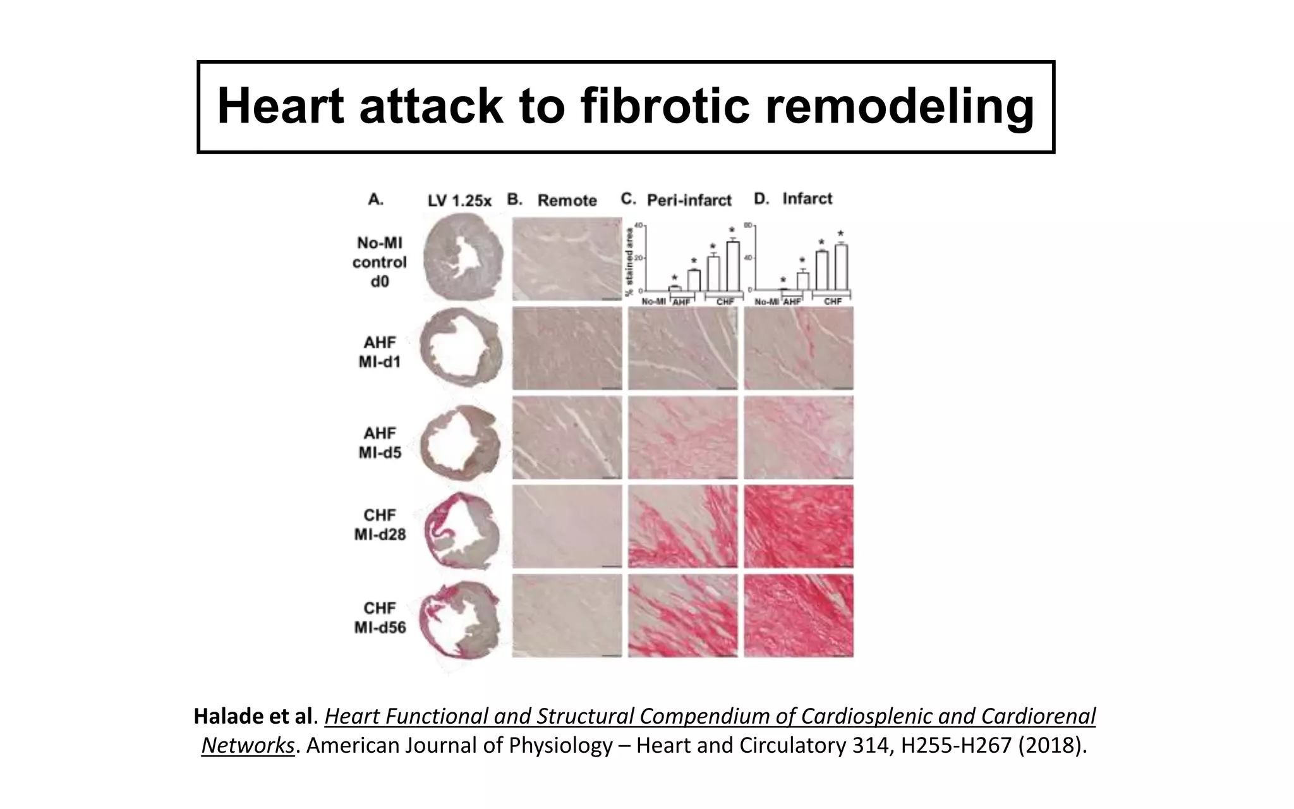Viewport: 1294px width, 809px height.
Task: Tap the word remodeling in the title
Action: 899,106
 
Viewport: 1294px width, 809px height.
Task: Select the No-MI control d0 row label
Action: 379,262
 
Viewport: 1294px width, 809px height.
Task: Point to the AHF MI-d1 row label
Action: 379,351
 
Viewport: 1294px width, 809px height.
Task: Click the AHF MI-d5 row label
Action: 379,442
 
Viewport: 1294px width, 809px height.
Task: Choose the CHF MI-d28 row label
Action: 379,525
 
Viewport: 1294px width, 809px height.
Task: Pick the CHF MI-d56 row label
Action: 379,617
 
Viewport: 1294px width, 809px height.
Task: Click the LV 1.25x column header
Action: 459,201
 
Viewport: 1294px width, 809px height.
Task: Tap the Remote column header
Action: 567,200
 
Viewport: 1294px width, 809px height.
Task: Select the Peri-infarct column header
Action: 689,200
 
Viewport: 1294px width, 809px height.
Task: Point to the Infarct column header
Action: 807,198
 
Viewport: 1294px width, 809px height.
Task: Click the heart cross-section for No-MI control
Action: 463,256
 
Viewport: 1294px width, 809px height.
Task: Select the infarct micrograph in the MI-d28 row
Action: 799,526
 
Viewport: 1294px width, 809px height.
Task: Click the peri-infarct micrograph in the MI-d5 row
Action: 682,437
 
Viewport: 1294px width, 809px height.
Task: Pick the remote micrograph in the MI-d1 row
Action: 567,348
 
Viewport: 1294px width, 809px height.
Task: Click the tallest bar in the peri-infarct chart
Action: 732,265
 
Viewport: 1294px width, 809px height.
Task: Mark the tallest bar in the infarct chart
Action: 841,267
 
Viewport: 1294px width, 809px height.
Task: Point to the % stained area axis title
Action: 629,262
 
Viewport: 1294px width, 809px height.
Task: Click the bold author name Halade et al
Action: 253,716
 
